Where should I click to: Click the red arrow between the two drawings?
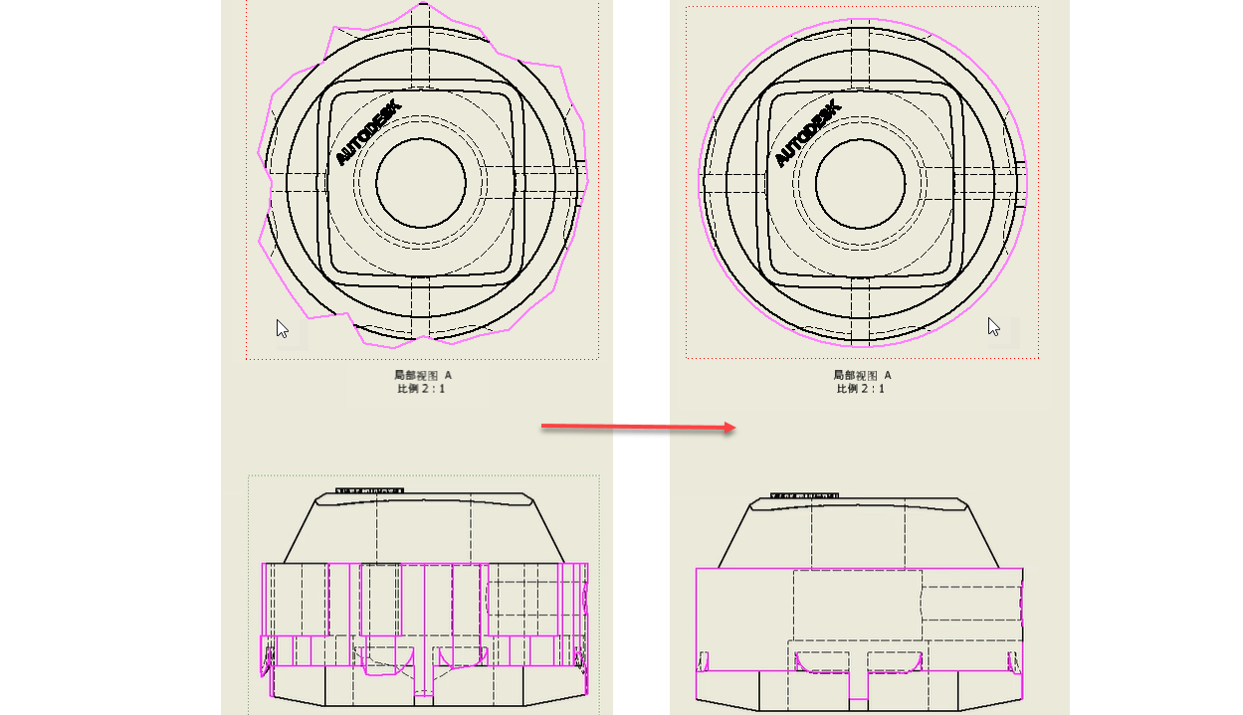pyautogui.click(x=638, y=427)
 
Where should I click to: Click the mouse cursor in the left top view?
pyautogui.click(x=282, y=328)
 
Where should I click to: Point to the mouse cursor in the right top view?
pyautogui.click(x=993, y=327)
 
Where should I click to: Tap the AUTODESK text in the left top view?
pyautogui.click(x=368, y=132)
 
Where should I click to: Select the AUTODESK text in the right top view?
pyautogui.click(x=807, y=133)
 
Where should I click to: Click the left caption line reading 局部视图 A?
pyautogui.click(x=423, y=376)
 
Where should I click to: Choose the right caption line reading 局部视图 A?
pyautogui.click(x=862, y=376)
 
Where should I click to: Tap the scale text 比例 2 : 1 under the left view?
pyautogui.click(x=421, y=388)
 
